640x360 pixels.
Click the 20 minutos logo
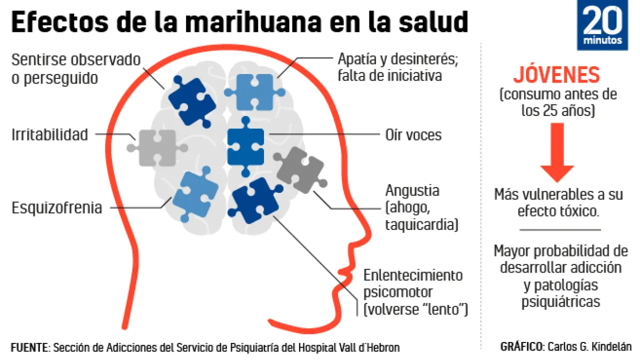coord(602,25)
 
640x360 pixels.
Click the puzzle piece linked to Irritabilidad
coord(157,147)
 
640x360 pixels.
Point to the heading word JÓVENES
coord(556,75)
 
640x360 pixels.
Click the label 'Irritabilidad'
coord(49,134)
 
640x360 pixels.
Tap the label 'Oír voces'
coord(413,134)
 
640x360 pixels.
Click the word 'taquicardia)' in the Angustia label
coord(421,225)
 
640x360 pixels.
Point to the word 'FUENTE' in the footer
coord(29,347)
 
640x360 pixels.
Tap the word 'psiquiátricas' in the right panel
coord(560,301)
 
